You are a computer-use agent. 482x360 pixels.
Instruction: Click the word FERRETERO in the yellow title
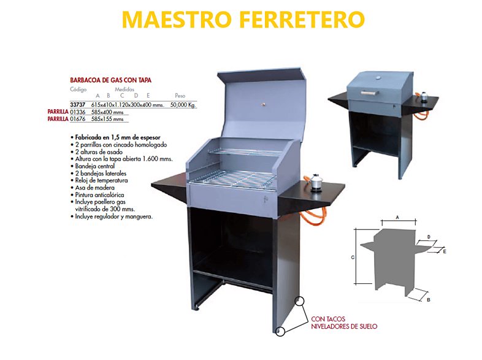pyautogui.click(x=302, y=20)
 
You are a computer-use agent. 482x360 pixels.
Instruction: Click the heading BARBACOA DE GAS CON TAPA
pyautogui.click(x=110, y=80)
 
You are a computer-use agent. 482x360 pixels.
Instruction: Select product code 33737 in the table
pyautogui.click(x=77, y=105)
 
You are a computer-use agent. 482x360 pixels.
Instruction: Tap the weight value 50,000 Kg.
pyautogui.click(x=183, y=105)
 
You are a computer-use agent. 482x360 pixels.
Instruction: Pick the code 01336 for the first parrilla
pyautogui.click(x=78, y=112)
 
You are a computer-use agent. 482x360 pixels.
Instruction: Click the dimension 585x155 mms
pyautogui.click(x=107, y=119)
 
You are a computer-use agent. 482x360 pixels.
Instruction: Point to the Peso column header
pyautogui.click(x=180, y=96)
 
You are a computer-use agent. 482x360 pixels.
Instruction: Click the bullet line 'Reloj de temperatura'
pyautogui.click(x=101, y=180)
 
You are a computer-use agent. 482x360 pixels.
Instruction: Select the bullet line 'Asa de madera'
pyautogui.click(x=94, y=188)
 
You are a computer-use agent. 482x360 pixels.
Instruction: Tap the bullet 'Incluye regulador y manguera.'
pyautogui.click(x=113, y=216)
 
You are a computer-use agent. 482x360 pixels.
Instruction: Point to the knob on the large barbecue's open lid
pyautogui.click(x=263, y=104)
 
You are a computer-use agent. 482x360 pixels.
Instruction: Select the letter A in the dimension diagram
pyautogui.click(x=397, y=217)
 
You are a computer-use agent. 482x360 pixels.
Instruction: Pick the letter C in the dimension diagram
pyautogui.click(x=353, y=258)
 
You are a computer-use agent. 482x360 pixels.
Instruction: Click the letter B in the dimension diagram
pyautogui.click(x=429, y=300)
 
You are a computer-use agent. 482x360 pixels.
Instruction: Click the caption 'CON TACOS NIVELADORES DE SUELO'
pyautogui.click(x=344, y=323)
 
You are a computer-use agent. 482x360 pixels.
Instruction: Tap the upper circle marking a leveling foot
pyautogui.click(x=299, y=301)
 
